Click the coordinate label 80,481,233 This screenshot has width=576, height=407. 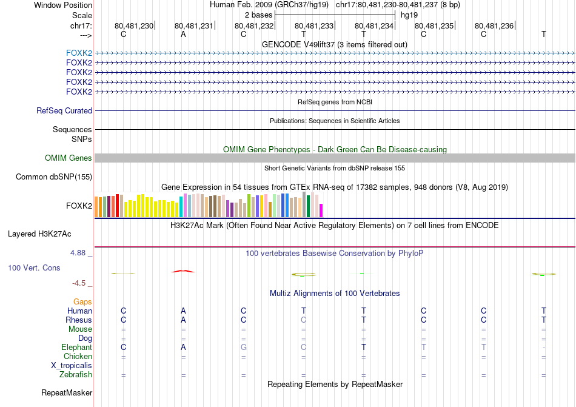(x=314, y=25)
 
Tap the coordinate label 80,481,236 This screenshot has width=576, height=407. (x=494, y=25)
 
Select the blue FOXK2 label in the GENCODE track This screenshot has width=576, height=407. (x=79, y=53)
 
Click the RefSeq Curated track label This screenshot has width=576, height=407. (x=64, y=111)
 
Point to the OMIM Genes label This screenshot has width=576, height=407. (x=69, y=158)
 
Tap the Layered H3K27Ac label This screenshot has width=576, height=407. (x=50, y=234)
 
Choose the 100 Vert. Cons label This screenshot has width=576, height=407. (x=34, y=267)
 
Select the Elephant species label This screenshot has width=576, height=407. (x=76, y=348)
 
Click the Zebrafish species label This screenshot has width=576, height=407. (x=76, y=375)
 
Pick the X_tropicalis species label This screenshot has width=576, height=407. (x=72, y=366)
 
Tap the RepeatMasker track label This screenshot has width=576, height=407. (x=67, y=393)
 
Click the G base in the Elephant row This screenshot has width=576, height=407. (x=243, y=348)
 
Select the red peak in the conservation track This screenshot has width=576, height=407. (x=183, y=271)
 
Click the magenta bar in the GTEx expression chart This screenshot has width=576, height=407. (x=321, y=210)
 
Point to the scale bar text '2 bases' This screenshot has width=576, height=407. (x=259, y=15)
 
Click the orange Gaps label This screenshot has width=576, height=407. (x=82, y=301)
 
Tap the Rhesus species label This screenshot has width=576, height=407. (x=79, y=320)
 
